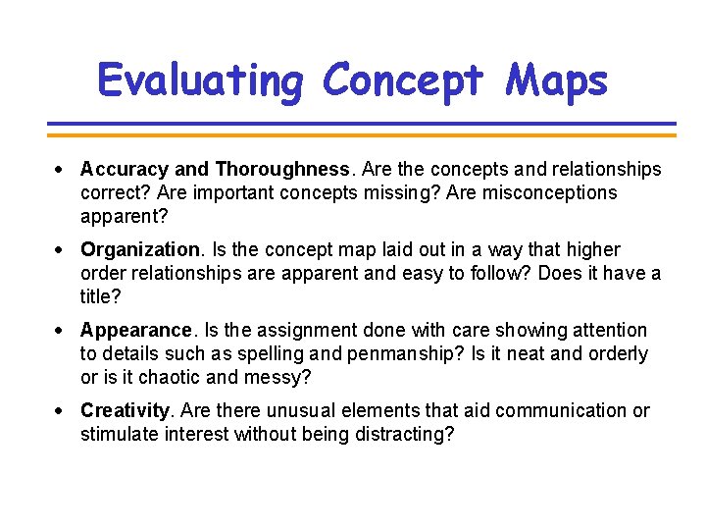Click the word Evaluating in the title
tap(201, 79)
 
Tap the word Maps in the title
tap(557, 79)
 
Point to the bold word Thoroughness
tap(281, 170)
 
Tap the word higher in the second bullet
tap(593, 250)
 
